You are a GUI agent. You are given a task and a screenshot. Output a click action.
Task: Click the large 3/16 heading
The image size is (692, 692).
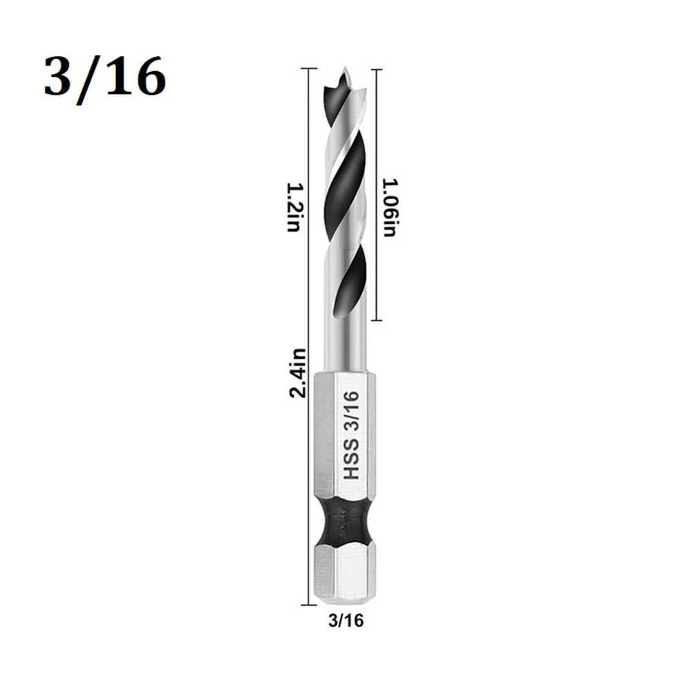tap(104, 78)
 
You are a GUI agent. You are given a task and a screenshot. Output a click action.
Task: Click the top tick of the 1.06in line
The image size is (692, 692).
tap(375, 69)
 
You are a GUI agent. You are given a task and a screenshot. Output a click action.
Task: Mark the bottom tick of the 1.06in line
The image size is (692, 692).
tap(375, 321)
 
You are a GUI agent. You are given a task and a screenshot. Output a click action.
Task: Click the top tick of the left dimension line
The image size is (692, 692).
tap(309, 69)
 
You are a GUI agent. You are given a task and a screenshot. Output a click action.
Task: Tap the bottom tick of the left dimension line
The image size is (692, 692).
tap(309, 603)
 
